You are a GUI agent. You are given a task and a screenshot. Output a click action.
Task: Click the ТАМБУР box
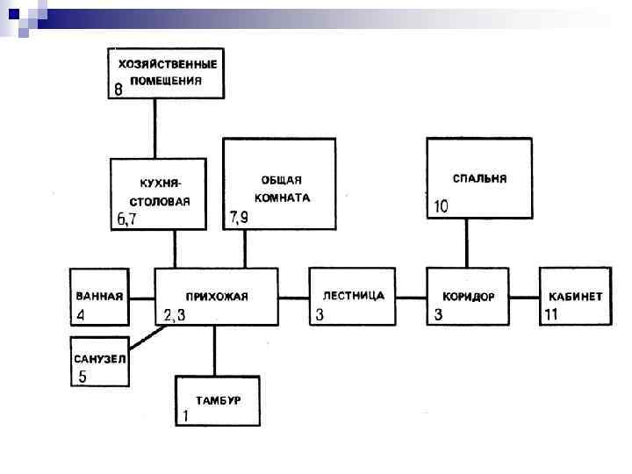pyautogui.click(x=218, y=401)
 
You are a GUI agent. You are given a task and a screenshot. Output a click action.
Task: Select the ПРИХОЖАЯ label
pyautogui.click(x=217, y=297)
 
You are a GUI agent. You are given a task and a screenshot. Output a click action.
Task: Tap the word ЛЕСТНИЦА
pyautogui.click(x=354, y=296)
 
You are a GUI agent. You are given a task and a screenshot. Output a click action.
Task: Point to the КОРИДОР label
pyautogui.click(x=468, y=297)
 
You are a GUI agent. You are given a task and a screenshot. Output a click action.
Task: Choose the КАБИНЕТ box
pyautogui.click(x=575, y=297)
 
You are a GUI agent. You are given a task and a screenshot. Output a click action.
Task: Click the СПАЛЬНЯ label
pyautogui.click(x=479, y=178)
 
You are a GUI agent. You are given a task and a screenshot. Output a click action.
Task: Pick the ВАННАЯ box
pyautogui.click(x=99, y=297)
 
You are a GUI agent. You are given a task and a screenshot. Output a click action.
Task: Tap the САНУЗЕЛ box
pyautogui.click(x=99, y=361)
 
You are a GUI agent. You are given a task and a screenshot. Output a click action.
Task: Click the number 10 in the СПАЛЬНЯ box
pyautogui.click(x=441, y=207)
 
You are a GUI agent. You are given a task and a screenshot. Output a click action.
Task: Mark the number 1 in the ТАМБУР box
pyautogui.click(x=185, y=417)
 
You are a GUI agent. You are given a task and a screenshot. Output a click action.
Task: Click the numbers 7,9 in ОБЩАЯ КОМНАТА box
pyautogui.click(x=239, y=217)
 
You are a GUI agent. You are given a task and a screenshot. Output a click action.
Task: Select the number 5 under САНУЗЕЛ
pyautogui.click(x=83, y=377)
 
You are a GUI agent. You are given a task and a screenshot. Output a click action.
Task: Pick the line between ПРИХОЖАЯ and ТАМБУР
pyautogui.click(x=214, y=351)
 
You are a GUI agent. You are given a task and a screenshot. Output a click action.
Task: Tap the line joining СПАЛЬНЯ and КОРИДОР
pyautogui.click(x=466, y=243)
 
